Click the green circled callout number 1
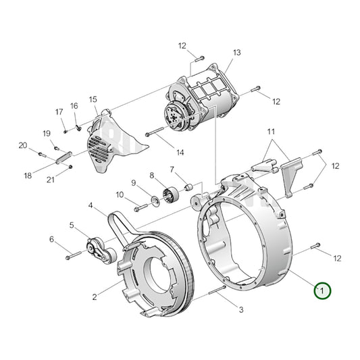click(x=322, y=290)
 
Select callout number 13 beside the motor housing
click(x=237, y=53)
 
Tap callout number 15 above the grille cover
click(x=93, y=99)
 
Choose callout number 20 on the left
click(x=22, y=145)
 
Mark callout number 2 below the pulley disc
click(x=95, y=297)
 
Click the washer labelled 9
click(x=153, y=199)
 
